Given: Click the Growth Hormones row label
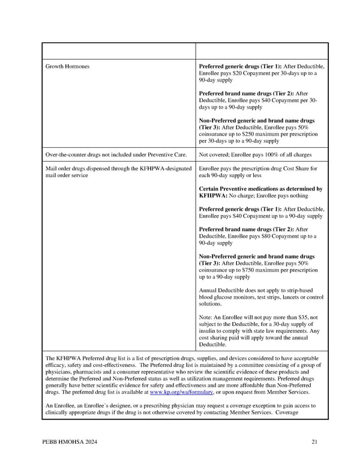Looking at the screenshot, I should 68,66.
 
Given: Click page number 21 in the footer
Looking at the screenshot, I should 314,443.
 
